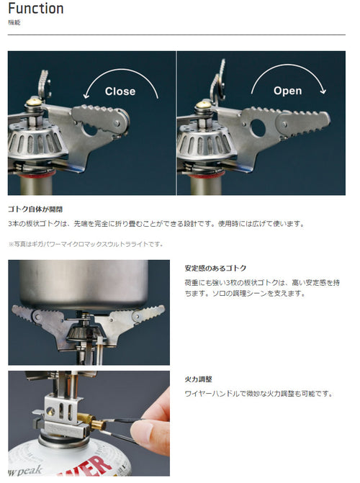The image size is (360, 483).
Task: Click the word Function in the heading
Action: coord(36,9)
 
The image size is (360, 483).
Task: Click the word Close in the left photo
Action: coord(120,91)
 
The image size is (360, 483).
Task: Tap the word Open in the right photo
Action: coord(287,91)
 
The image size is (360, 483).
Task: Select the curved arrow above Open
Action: coord(288,66)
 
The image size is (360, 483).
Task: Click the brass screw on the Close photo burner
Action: coord(34,101)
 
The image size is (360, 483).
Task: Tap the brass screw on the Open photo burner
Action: coord(204,104)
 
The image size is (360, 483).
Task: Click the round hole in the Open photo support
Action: coord(258,128)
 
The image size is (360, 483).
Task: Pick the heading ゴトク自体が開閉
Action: coord(35,209)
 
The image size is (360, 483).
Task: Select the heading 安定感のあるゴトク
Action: coord(215,268)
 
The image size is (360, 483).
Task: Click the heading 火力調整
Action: coord(198,379)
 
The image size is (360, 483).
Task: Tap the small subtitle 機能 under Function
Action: coord(14,22)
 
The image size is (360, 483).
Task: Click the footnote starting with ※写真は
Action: coord(86,244)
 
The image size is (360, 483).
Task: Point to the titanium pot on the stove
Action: coord(84,284)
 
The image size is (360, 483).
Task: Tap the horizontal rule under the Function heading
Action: coord(176,35)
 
